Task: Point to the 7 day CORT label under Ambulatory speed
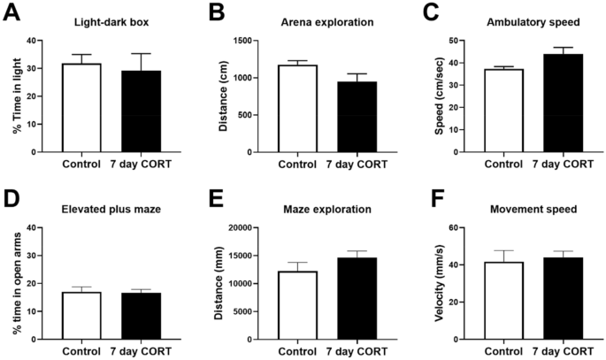(x=562, y=165)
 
